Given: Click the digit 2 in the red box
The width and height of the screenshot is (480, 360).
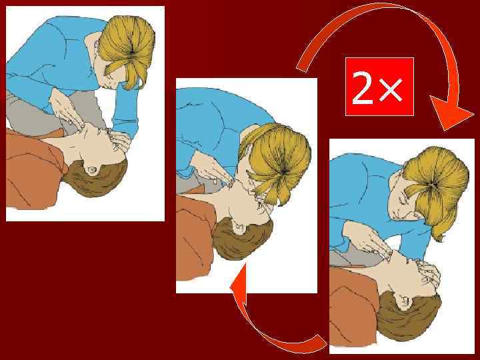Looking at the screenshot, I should pos(363,89).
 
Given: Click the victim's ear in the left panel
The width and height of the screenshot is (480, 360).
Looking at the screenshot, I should pos(94,169).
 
